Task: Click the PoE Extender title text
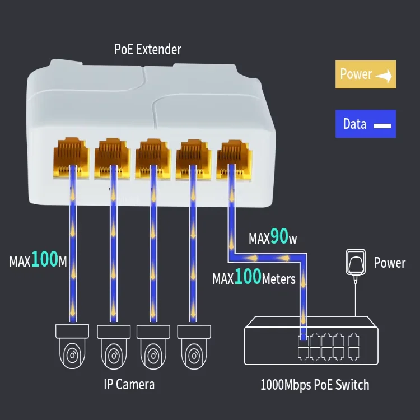point(148,49)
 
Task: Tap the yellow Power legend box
point(365,74)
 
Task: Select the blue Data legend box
point(365,124)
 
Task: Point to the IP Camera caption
point(129,384)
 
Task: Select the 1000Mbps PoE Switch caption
point(315,385)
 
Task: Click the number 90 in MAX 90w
point(279,238)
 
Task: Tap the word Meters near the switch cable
point(278,278)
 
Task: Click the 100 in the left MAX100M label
point(45,260)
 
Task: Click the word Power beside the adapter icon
point(389,263)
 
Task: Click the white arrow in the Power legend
point(384,76)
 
